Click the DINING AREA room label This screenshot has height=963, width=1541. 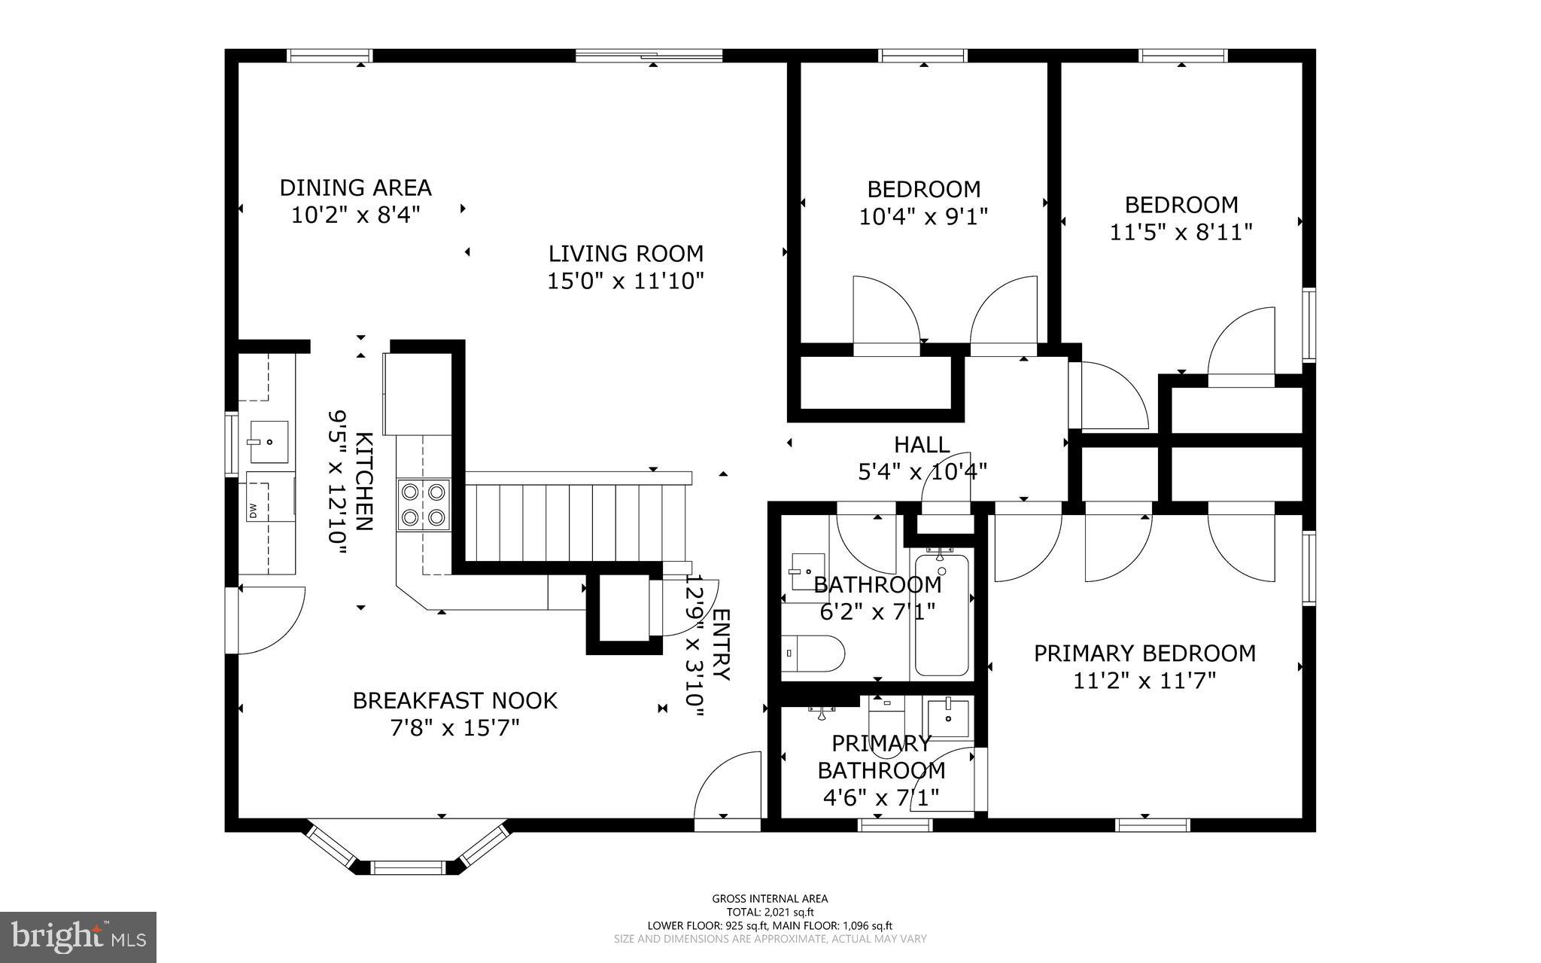(355, 187)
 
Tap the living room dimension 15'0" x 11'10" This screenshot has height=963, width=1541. (625, 282)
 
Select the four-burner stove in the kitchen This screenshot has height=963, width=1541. (424, 504)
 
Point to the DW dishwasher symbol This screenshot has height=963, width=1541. (254, 511)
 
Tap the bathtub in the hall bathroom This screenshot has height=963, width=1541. (941, 614)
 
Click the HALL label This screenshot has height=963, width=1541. (922, 444)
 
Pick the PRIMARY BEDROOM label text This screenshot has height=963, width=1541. (1144, 653)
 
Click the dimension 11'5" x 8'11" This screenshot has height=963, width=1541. (1181, 232)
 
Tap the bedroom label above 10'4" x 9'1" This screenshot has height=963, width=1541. (923, 189)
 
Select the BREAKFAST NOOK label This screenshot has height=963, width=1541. (454, 700)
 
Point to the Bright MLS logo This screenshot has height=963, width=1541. (78, 937)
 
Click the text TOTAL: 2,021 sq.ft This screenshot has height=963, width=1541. (770, 912)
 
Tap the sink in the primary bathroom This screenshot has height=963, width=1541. (948, 718)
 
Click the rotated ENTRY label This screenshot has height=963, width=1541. (720, 645)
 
